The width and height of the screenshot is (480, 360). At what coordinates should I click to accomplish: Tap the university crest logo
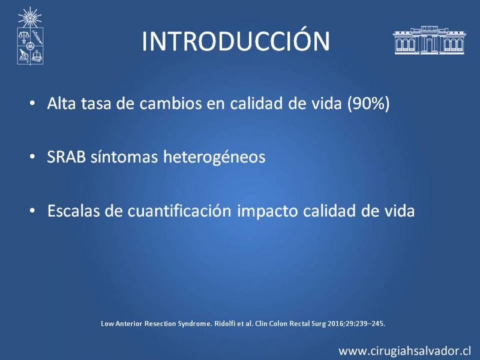tap(30, 36)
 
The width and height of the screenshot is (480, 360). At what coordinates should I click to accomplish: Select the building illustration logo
tap(429, 40)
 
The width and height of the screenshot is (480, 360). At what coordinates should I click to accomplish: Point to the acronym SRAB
tap(67, 157)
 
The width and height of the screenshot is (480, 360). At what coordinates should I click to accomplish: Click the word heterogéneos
tap(214, 157)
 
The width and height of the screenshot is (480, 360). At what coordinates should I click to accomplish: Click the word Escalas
tap(73, 211)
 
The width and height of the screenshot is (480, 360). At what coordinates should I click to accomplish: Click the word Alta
tap(61, 103)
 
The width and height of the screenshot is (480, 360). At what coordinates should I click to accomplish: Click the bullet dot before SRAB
tap(32, 157)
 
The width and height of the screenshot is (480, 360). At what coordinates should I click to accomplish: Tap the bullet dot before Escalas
tap(32, 211)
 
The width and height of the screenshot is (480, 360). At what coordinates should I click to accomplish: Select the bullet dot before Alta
tap(32, 103)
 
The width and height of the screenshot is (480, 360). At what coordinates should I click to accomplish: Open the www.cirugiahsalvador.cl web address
tap(404, 350)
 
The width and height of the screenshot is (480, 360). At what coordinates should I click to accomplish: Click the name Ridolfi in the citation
tap(223, 323)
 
